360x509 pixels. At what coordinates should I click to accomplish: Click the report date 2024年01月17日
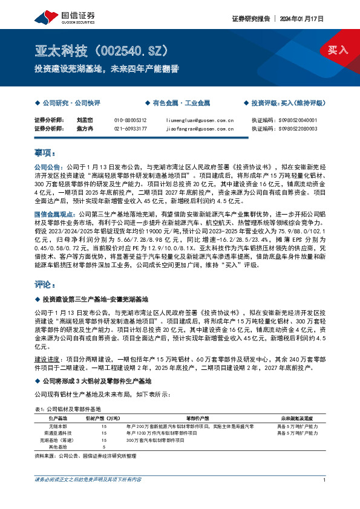point(301,19)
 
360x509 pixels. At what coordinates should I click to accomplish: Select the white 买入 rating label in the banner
point(338,50)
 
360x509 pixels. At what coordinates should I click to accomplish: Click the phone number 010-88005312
point(130,120)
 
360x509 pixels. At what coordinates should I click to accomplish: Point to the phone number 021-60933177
point(130,128)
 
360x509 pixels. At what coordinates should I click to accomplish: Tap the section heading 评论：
point(45,284)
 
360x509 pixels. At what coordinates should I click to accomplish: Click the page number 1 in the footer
point(325,479)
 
